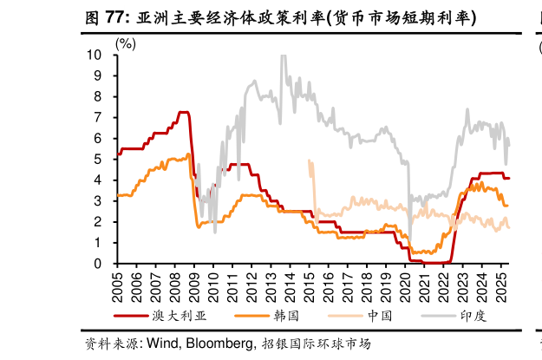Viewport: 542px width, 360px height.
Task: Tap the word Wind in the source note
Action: point(160,344)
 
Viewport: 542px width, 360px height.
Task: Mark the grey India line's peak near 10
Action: point(284,57)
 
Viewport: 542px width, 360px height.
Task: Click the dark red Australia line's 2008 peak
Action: point(183,112)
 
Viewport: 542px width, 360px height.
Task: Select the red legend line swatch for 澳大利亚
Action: point(130,316)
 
